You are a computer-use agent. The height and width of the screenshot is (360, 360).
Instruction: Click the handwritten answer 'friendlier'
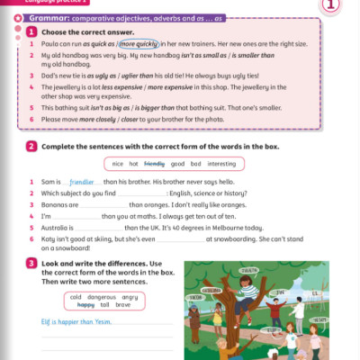pos(87,182)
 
